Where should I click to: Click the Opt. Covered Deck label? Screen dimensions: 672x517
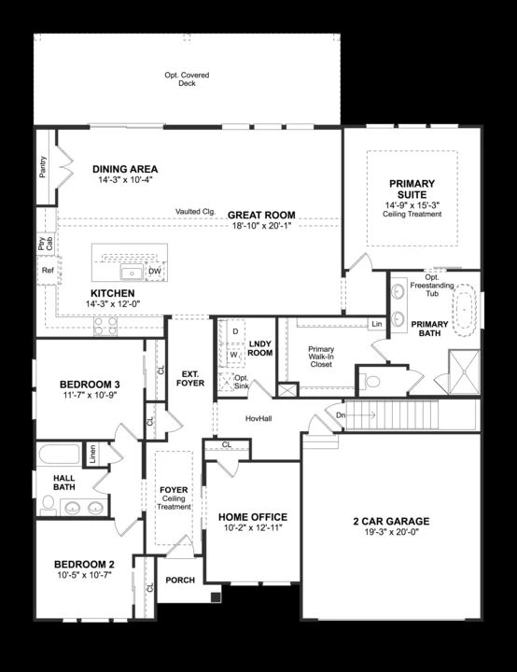[x=187, y=78]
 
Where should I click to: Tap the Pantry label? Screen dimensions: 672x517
[x=43, y=167]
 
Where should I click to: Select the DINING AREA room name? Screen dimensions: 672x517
[x=125, y=169]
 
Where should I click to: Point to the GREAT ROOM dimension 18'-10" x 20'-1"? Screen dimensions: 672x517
[x=264, y=225]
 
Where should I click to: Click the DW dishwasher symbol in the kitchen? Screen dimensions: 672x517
[x=155, y=272]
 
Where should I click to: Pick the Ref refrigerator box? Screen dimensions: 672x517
[x=48, y=271]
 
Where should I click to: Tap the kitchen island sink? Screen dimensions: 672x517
[x=132, y=273]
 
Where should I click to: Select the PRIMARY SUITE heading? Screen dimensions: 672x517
[x=412, y=189]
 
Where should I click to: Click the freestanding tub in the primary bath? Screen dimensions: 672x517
[x=464, y=307]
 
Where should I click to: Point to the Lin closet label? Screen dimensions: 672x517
[x=376, y=324]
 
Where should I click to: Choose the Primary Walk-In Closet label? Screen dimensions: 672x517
[x=328, y=357]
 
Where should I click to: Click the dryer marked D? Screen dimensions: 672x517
[x=235, y=331]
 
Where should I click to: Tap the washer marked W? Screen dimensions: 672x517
[x=235, y=355]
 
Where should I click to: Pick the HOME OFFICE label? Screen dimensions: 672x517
[x=252, y=516]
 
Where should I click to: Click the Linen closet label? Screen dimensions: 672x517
[x=91, y=455]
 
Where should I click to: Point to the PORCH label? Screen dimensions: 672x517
[x=180, y=580]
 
